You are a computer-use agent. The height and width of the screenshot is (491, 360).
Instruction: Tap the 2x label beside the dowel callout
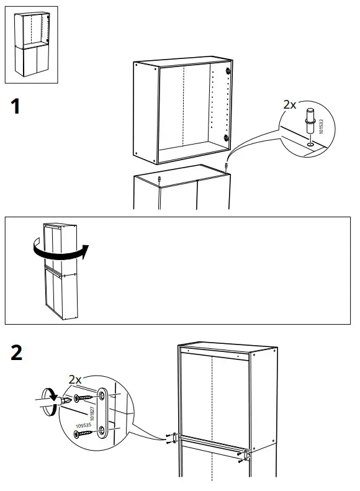tap(289, 105)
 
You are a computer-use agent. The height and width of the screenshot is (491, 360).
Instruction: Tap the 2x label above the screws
tap(75, 379)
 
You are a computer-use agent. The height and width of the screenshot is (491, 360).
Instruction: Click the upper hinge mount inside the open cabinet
tap(228, 73)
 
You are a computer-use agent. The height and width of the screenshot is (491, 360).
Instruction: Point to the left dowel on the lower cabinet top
tap(160, 179)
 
